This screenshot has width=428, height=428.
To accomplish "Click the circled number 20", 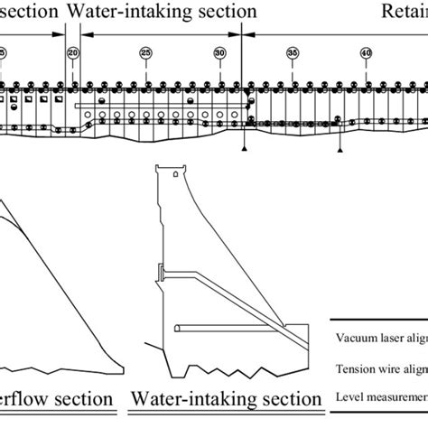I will click(x=72, y=54).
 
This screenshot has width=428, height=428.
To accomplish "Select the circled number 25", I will click(x=146, y=54).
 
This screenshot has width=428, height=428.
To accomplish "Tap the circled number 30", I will click(x=219, y=54).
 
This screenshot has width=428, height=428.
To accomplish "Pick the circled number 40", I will click(x=366, y=54).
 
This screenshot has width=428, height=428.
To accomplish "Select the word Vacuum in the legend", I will click(x=353, y=339).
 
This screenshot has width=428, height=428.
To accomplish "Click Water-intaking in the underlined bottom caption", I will click(x=186, y=399).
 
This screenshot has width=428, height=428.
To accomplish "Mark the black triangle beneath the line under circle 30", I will click(x=244, y=144).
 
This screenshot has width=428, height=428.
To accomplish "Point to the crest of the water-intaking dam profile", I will click(x=171, y=172).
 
